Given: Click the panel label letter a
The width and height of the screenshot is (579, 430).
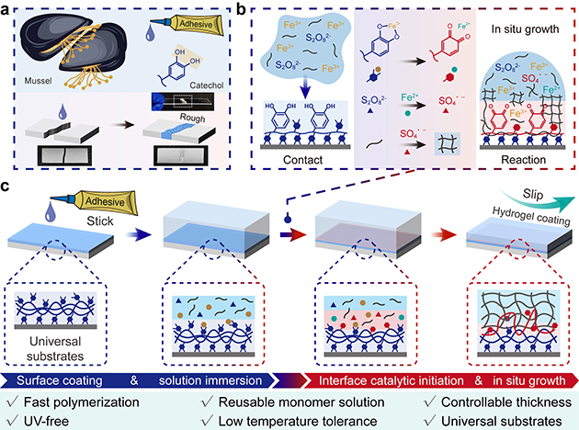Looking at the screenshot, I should click(8, 8).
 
